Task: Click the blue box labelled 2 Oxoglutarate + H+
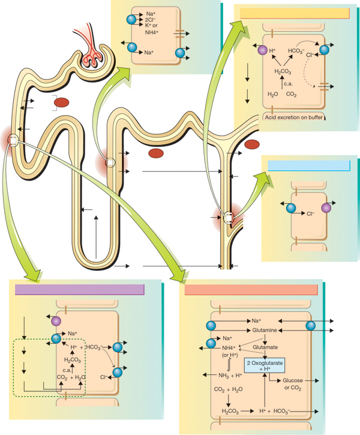(x=265, y=365)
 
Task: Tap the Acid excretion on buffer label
(x=293, y=118)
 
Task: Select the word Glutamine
(x=265, y=330)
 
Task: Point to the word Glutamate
(x=265, y=347)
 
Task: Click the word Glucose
(x=293, y=380)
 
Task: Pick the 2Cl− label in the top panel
(x=151, y=20)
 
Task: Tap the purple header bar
(x=80, y=290)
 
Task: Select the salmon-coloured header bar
(x=251, y=290)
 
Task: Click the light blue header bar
(x=308, y=166)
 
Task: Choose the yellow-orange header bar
(x=295, y=13)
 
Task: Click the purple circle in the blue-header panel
(x=326, y=208)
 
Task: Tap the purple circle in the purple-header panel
(x=56, y=321)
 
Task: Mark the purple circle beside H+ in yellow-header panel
(x=262, y=50)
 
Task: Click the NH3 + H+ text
(x=230, y=376)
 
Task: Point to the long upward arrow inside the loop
(x=96, y=237)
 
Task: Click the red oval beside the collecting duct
(x=252, y=144)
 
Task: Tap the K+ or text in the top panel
(x=151, y=25)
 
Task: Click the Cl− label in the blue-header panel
(x=310, y=214)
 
